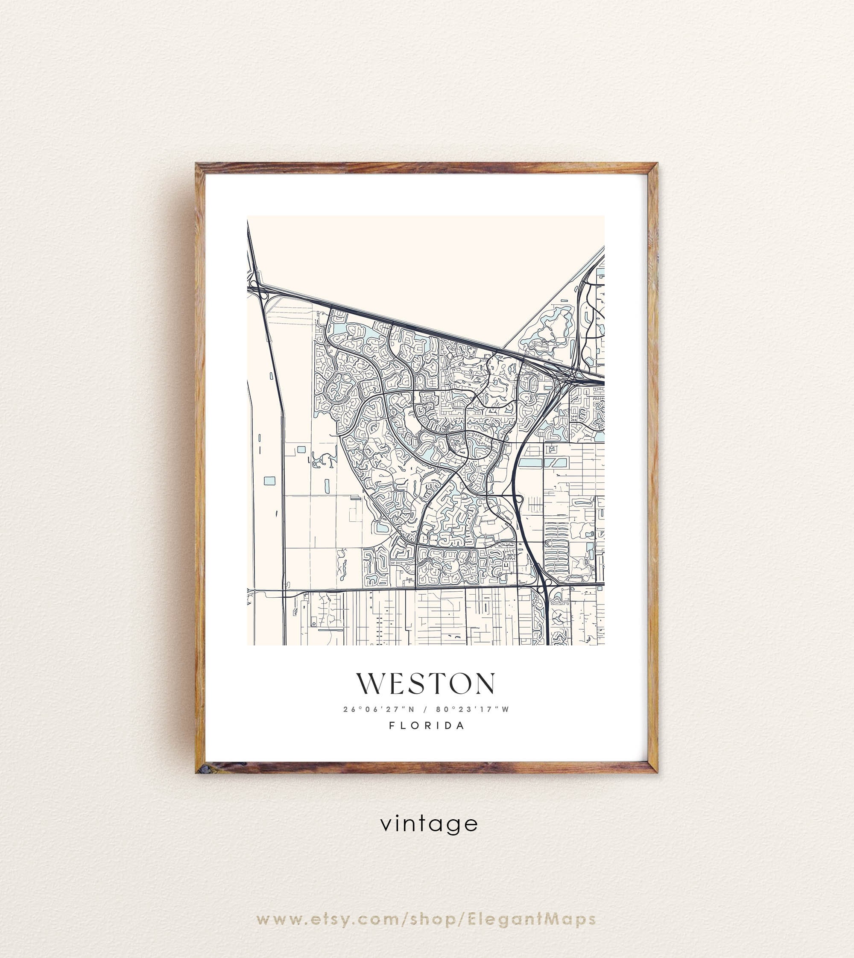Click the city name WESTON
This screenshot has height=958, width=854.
click(x=426, y=683)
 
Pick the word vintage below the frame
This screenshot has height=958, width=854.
click(x=429, y=824)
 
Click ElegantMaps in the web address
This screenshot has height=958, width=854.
click(x=532, y=920)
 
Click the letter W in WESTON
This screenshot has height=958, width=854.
click(x=369, y=683)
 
